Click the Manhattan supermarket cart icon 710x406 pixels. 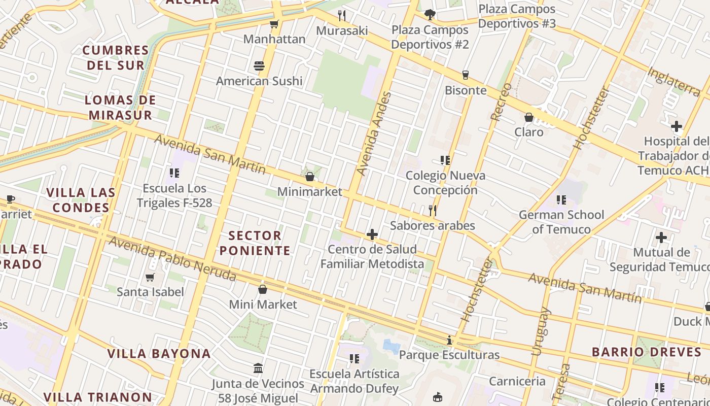pyautogui.click(x=274, y=24)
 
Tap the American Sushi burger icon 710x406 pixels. pyautogui.click(x=259, y=66)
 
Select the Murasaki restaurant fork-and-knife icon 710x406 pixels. pyautogui.click(x=342, y=16)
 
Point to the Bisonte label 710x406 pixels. pyautogui.click(x=466, y=90)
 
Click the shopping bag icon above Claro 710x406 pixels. pyautogui.click(x=529, y=117)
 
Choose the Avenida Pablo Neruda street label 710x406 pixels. pyautogui.click(x=172, y=258)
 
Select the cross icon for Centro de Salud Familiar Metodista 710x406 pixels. pyautogui.click(x=372, y=234)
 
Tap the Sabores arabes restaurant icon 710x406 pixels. pyautogui.click(x=433, y=211)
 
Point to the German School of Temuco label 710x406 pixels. pyautogui.click(x=561, y=222)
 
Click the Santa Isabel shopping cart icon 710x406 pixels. pyautogui.click(x=150, y=277)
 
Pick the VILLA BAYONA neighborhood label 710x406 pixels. pyautogui.click(x=159, y=354)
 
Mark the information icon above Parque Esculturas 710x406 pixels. pyautogui.click(x=449, y=340)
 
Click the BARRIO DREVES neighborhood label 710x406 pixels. pyautogui.click(x=640, y=352)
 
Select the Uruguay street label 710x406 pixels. pyautogui.click(x=541, y=331)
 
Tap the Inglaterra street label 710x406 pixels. pyautogui.click(x=674, y=82)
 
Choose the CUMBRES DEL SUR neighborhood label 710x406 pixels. pyautogui.click(x=116, y=57)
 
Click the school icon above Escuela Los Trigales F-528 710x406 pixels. pyautogui.click(x=174, y=173)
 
